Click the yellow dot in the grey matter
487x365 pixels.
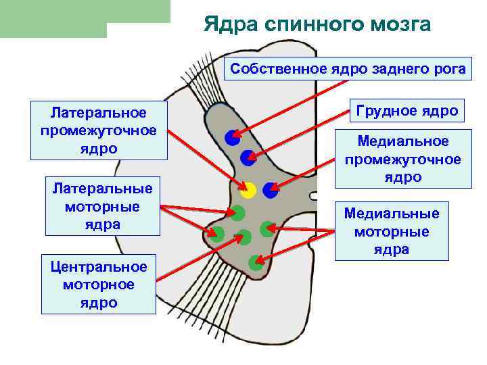tap(248, 190)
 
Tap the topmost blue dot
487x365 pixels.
tap(233, 139)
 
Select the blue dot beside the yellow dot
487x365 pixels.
tap(271, 190)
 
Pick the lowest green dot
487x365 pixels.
tap(255, 263)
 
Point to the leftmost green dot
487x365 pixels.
tap(216, 235)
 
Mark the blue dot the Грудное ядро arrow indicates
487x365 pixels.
tap(248, 159)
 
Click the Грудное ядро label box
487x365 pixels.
tap(407, 111)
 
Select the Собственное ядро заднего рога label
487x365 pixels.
tap(348, 69)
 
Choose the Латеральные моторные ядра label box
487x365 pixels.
tap(103, 205)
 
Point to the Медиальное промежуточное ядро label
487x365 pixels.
tap(403, 160)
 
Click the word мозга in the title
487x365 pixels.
tap(399, 25)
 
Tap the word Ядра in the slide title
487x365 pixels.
tap(226, 25)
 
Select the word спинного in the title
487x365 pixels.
tap(308, 25)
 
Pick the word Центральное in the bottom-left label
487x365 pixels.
tap(99, 267)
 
